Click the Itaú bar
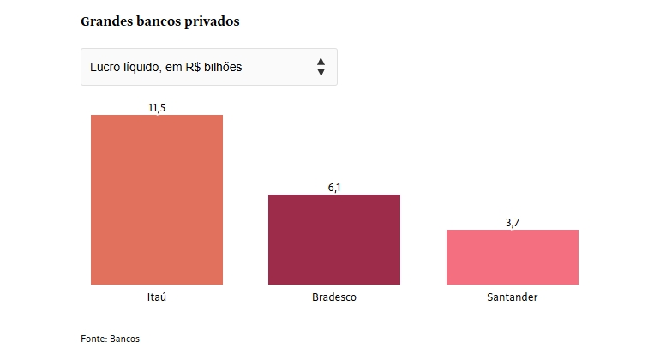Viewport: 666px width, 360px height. pyautogui.click(x=157, y=199)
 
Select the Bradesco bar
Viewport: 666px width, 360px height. pyautogui.click(x=334, y=239)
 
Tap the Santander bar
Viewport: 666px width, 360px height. pyautogui.click(x=513, y=256)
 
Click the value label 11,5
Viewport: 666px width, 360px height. pyautogui.click(x=157, y=107)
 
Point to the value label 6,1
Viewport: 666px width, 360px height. pyautogui.click(x=334, y=187)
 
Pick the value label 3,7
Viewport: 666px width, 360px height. pyautogui.click(x=513, y=222)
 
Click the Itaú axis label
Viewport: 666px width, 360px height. pyautogui.click(x=157, y=297)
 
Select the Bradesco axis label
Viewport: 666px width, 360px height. pyautogui.click(x=334, y=297)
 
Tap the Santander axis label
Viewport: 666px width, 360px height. pyautogui.click(x=513, y=297)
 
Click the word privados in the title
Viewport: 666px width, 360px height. pyautogui.click(x=213, y=21)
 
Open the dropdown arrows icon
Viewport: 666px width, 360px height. pyautogui.click(x=321, y=67)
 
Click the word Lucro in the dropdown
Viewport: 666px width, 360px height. pyautogui.click(x=105, y=67)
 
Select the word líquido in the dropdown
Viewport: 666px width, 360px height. pyautogui.click(x=145, y=67)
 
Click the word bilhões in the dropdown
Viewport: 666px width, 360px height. pyautogui.click(x=223, y=67)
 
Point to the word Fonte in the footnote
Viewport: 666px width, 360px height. pyautogui.click(x=93, y=339)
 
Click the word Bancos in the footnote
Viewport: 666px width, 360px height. pyautogui.click(x=125, y=339)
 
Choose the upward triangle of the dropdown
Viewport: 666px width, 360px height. pyautogui.click(x=321, y=62)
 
